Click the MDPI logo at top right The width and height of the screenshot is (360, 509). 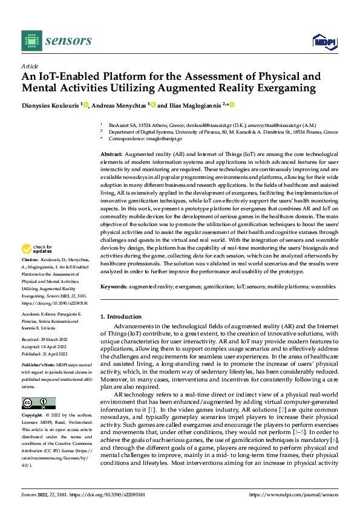click(x=324, y=41)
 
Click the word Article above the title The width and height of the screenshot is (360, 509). click(x=29, y=66)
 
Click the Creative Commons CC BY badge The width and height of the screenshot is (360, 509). click(x=38, y=386)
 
